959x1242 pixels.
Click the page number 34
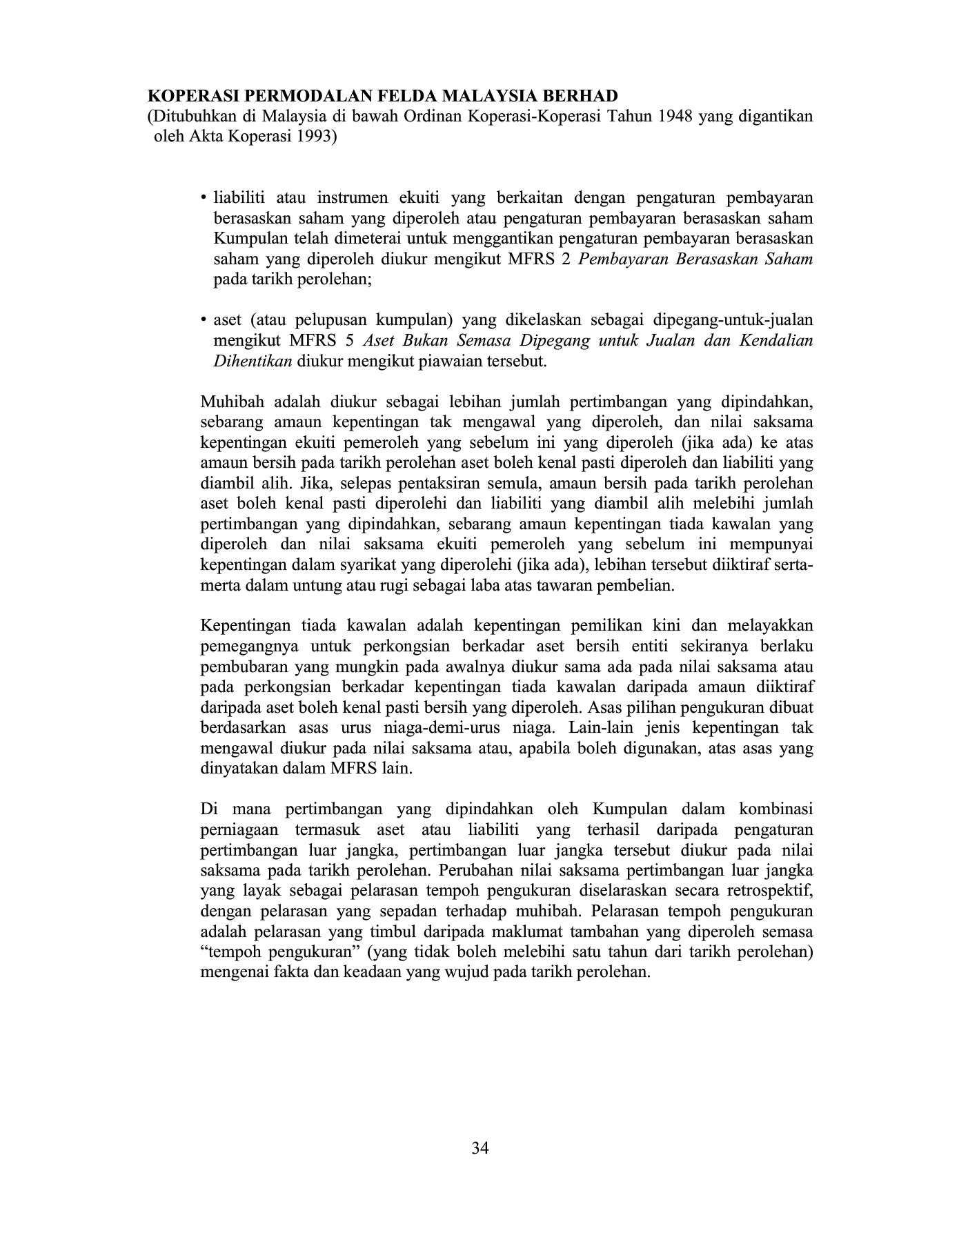tap(480, 1148)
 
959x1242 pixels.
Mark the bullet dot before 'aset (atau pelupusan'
tap(204, 321)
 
